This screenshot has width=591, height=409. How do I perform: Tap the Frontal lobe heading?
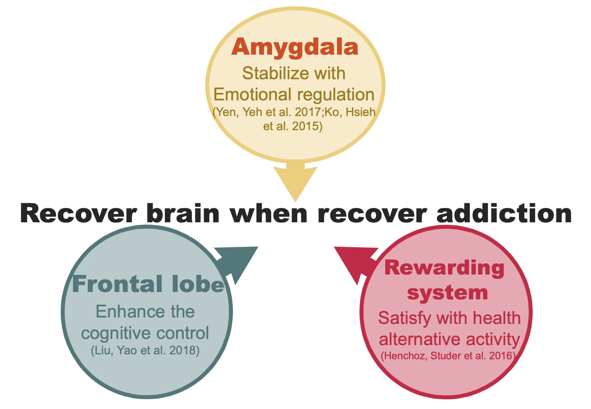coord(148,284)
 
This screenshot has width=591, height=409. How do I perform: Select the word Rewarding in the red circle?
coord(444,268)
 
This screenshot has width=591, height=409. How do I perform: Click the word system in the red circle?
coord(447,293)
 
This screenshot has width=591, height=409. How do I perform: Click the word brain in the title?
coord(183,214)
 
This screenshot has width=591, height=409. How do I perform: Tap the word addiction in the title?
coord(504,214)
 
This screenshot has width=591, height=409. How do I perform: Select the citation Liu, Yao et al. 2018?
coord(145,350)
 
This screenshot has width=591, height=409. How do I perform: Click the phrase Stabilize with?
coord(294,74)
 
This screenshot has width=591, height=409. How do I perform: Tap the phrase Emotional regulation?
coord(294,95)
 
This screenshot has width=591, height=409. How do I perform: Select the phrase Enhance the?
coord(145,312)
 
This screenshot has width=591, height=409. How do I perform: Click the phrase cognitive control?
coord(145,333)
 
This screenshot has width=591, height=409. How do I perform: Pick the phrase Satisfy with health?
coord(449,318)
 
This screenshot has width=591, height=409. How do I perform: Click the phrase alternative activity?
coord(449,339)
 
